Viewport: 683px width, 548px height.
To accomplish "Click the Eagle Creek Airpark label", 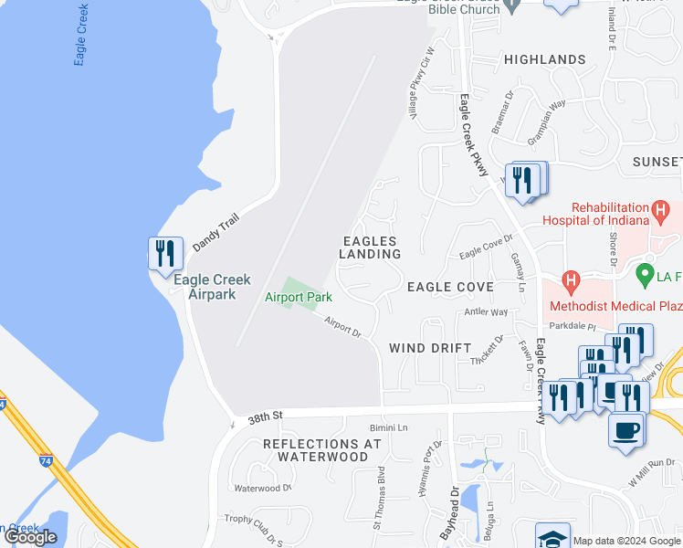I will coord(212,287).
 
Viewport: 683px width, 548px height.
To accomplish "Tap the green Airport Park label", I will coord(298,297).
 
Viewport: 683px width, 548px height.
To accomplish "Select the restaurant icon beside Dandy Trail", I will coord(165,253).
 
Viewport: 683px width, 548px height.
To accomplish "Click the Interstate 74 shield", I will coord(45,461).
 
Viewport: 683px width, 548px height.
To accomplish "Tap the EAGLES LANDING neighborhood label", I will coord(370,247).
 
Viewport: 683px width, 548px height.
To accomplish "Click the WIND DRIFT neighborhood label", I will coord(430,348).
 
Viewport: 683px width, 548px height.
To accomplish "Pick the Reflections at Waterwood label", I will coord(321,449).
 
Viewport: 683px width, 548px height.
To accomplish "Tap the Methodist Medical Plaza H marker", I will coord(571,279).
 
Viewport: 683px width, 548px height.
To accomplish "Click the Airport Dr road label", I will coord(343,327).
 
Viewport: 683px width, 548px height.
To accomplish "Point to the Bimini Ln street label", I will coord(388,427).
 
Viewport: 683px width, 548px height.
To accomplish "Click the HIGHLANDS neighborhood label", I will coord(544,59).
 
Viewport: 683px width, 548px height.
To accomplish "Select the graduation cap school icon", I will coord(552,537).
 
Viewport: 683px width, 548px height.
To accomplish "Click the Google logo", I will coord(31,537).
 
